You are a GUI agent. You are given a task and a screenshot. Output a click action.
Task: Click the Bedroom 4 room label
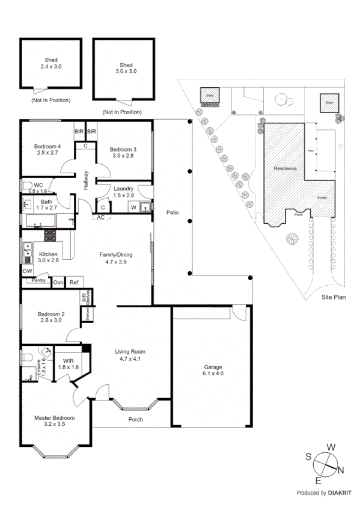[47, 150]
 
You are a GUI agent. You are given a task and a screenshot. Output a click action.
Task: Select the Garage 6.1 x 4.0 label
[212, 370]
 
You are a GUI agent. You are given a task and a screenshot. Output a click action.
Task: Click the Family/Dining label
[115, 258]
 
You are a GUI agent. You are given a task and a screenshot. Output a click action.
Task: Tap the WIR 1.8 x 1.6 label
[68, 363]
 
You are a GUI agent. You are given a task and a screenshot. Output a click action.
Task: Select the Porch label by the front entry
[136, 419]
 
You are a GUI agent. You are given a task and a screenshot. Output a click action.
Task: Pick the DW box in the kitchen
[27, 271]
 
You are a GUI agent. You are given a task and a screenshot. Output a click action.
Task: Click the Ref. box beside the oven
[75, 282]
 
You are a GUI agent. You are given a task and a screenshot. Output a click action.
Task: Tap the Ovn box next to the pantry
[58, 282]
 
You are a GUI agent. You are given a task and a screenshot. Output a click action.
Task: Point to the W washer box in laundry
[133, 208]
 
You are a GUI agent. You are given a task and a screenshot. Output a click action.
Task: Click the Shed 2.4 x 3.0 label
[51, 63]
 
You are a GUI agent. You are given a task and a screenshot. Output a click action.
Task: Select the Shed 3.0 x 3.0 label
[126, 67]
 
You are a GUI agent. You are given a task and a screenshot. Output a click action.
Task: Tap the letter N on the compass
[341, 470]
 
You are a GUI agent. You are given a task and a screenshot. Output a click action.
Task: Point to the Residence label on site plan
[285, 168]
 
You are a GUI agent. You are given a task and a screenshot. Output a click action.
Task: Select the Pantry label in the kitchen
[39, 280]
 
